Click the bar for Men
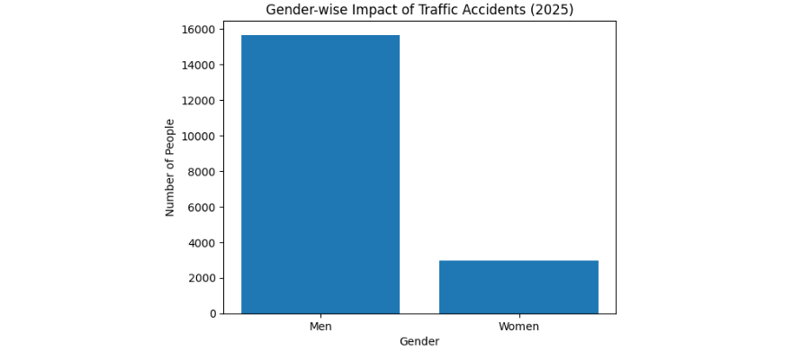[320, 175]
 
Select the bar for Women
[518, 287]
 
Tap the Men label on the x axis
[320, 327]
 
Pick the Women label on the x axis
[518, 327]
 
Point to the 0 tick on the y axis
[212, 314]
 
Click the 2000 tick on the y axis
[202, 278]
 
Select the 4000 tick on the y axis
[202, 243]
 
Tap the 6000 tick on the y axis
[202, 207]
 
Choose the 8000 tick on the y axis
[202, 172]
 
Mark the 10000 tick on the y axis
[199, 137]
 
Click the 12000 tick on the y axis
[199, 101]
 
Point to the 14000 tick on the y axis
[199, 66]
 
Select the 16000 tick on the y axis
[199, 30]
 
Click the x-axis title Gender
[419, 342]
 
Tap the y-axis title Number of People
[170, 167]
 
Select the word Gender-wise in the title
[303, 10]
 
